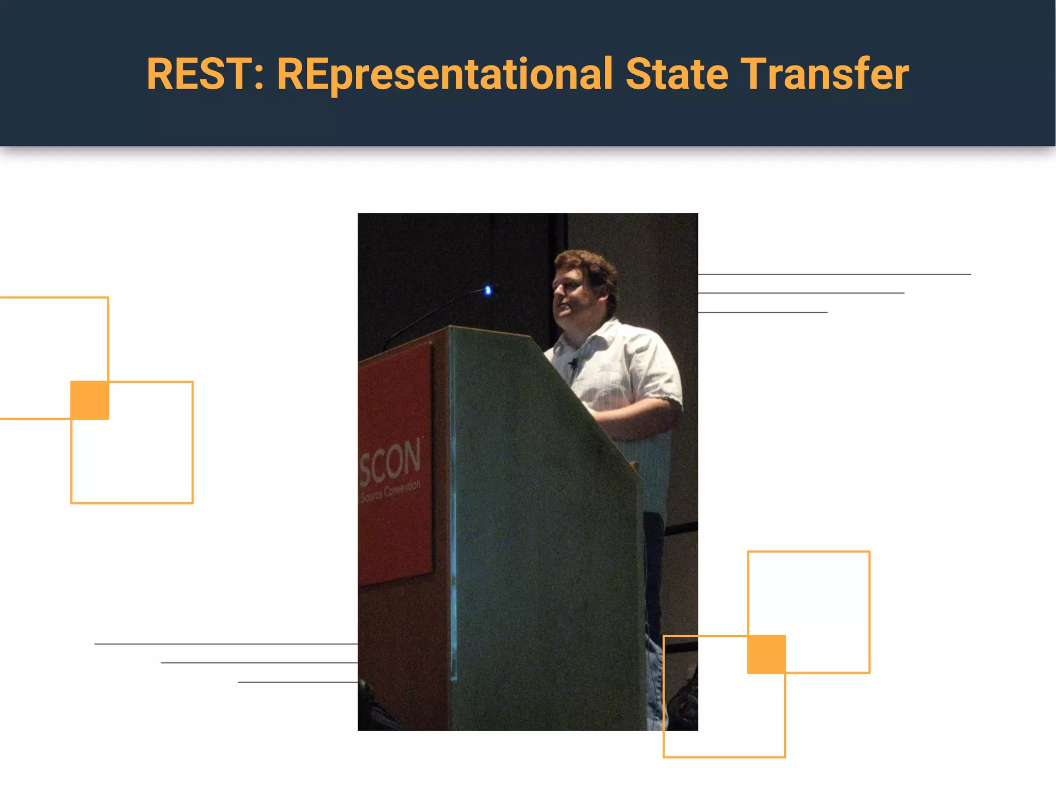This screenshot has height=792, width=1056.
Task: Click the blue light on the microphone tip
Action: (488, 291)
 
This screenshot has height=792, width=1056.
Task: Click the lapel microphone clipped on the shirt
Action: (572, 363)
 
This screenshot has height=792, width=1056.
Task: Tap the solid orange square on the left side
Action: (90, 400)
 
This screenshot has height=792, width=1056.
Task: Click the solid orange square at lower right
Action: (767, 654)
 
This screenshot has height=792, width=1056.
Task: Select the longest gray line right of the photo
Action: (834, 274)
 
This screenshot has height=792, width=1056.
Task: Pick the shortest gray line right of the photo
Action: (763, 312)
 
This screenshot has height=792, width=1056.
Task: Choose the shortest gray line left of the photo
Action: (298, 682)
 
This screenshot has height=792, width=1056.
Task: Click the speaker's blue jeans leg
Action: (653, 593)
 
